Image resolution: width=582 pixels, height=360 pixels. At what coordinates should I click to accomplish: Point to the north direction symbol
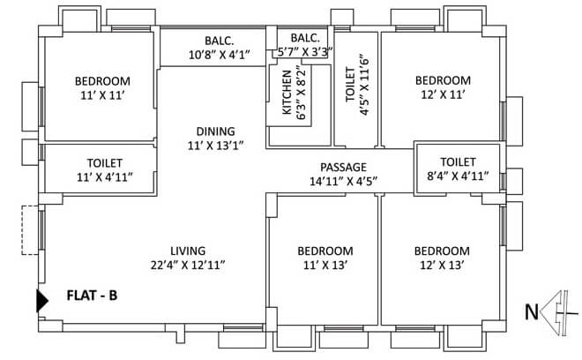click(556, 311)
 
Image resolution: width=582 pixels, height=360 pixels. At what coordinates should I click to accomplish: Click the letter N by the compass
click(532, 311)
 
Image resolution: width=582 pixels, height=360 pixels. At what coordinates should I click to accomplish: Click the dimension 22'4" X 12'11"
click(189, 264)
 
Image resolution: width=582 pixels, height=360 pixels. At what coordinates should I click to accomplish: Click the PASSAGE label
click(344, 166)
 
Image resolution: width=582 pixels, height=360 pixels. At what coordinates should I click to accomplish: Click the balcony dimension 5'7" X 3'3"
click(304, 52)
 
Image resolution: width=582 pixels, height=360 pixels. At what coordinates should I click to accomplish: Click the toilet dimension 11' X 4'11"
click(104, 177)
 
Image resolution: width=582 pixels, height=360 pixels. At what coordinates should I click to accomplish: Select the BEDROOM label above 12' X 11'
click(444, 80)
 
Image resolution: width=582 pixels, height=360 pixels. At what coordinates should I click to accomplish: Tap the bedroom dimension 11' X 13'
click(325, 264)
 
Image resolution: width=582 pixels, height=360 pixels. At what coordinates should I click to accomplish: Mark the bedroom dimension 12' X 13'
click(442, 264)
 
